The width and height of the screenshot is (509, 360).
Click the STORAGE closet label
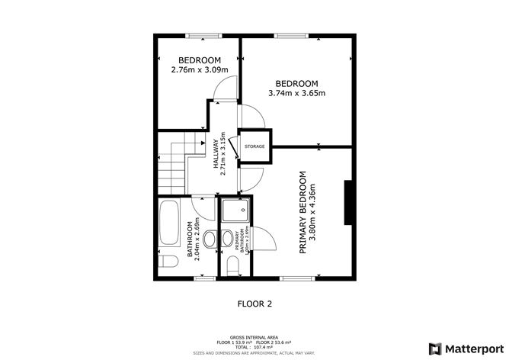(x=254, y=146)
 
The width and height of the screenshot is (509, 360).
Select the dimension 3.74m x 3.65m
(x=296, y=94)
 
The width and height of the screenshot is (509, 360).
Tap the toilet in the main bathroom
(x=168, y=264)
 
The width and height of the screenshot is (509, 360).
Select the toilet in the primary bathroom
(x=233, y=265)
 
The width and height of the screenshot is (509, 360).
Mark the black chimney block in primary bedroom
(x=347, y=203)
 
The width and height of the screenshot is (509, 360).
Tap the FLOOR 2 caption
(x=254, y=304)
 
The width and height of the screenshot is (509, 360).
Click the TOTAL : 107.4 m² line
(x=254, y=347)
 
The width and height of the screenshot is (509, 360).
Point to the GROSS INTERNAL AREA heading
(x=254, y=336)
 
